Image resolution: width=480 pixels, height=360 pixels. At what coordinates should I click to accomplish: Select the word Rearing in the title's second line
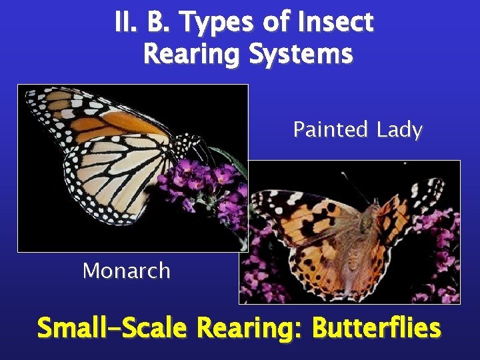pyautogui.click(x=193, y=54)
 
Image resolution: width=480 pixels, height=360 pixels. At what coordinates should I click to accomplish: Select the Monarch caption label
pyautogui.click(x=126, y=271)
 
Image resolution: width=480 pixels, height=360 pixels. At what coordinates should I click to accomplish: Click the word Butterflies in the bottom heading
pyautogui.click(x=376, y=328)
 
